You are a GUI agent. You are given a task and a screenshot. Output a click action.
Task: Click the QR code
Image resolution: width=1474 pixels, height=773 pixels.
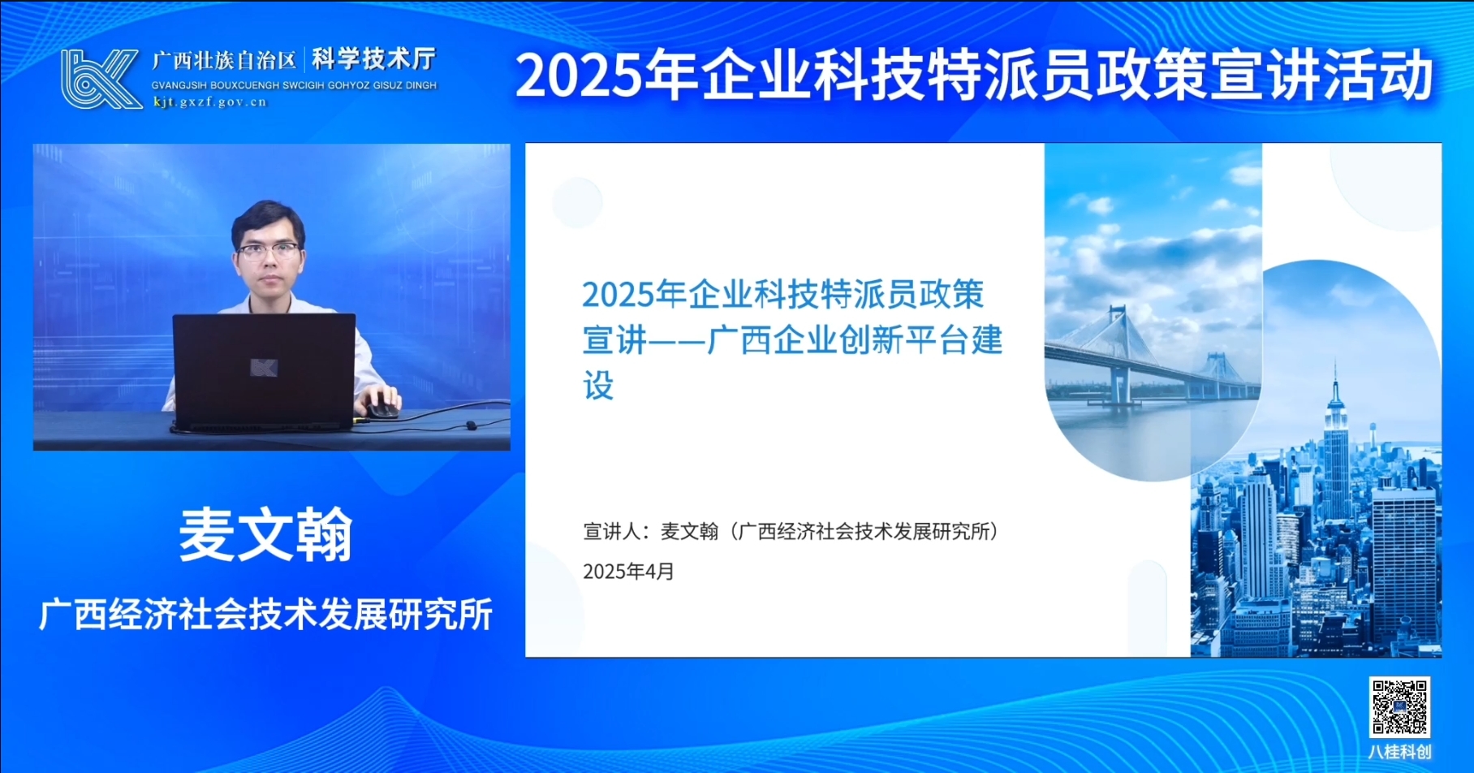(1399, 707)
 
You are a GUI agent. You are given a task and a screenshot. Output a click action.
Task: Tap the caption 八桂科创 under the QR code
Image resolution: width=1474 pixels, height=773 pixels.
(1399, 752)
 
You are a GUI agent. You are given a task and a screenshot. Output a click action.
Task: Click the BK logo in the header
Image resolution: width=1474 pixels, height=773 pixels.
(100, 79)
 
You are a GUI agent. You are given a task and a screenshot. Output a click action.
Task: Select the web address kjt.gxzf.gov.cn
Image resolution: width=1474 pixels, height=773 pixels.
(209, 101)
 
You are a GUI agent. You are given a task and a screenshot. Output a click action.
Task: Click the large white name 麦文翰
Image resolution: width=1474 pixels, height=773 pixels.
(265, 535)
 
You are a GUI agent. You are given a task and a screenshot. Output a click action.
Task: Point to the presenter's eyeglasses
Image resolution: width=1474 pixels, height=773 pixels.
(268, 251)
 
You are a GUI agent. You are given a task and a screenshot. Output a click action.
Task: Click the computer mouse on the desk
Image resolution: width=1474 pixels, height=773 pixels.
(381, 408)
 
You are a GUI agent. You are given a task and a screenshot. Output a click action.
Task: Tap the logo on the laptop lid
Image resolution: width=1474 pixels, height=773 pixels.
(264, 368)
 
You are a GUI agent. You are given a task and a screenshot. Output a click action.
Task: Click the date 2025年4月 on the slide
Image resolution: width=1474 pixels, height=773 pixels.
(628, 572)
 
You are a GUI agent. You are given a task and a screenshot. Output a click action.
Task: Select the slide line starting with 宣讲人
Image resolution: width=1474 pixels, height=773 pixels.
(791, 532)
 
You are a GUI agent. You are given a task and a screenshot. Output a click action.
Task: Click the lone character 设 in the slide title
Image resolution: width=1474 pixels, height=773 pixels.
(598, 386)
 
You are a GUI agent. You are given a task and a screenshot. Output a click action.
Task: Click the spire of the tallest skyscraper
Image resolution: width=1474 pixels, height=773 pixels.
(1335, 382)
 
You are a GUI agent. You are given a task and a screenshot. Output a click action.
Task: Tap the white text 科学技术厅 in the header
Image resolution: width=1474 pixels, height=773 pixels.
(373, 59)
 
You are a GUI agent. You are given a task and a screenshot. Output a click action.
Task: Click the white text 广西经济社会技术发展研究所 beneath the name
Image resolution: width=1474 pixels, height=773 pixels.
(265, 615)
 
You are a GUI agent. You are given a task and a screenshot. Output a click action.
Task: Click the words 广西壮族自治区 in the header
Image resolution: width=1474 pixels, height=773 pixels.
(225, 61)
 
